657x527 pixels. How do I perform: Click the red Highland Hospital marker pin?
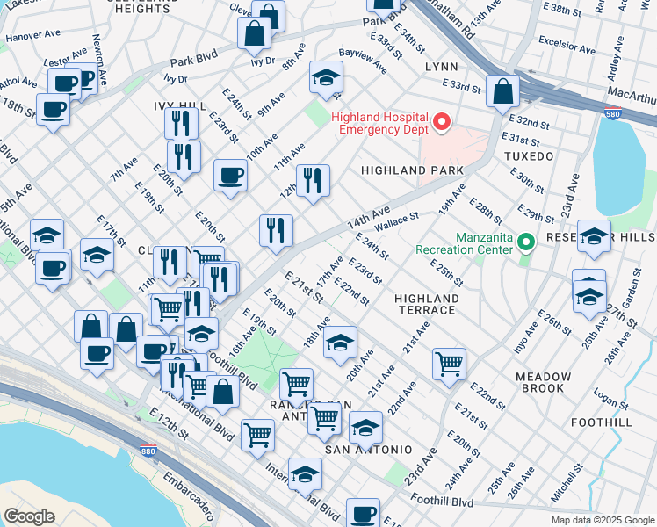click(x=442, y=123)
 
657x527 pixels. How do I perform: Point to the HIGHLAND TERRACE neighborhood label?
click(x=427, y=306)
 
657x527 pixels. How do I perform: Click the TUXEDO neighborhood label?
click(x=529, y=156)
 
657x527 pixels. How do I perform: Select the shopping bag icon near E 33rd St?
click(x=502, y=90)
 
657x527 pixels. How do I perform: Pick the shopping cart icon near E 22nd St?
click(x=449, y=362)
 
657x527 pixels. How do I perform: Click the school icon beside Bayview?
click(x=326, y=78)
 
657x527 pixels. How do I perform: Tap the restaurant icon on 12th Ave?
click(x=313, y=181)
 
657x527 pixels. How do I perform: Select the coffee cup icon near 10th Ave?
click(x=230, y=174)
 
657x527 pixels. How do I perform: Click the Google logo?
click(x=30, y=516)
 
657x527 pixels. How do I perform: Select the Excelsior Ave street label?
click(x=571, y=41)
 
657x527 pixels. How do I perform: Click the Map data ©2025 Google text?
click(x=601, y=520)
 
